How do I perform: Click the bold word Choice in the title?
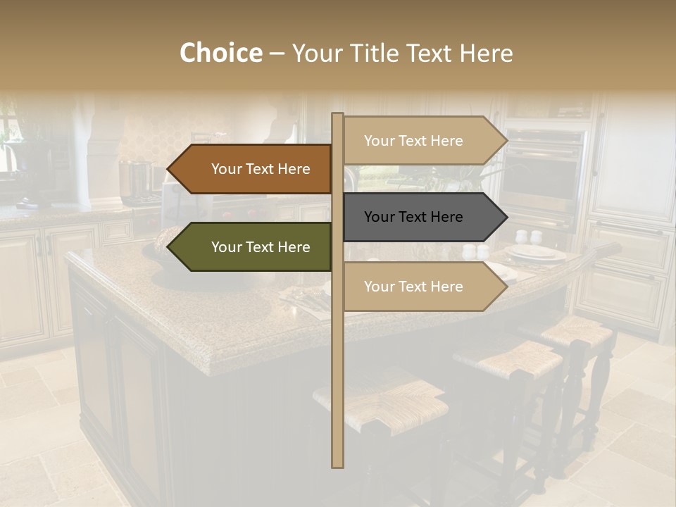pos(220,54)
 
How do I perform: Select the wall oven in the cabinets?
pos(543,173)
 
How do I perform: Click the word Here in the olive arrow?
pos(294,247)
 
